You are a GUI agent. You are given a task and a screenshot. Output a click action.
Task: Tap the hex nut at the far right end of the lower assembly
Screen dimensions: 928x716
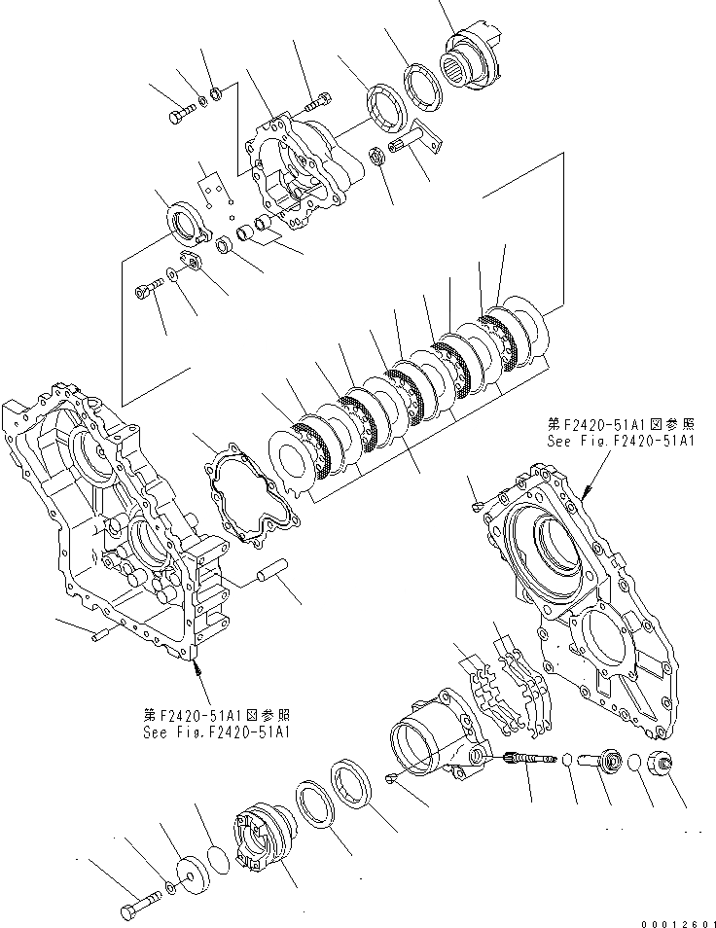click(x=665, y=765)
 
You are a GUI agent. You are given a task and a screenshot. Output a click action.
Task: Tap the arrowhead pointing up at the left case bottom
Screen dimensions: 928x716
click(x=197, y=664)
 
